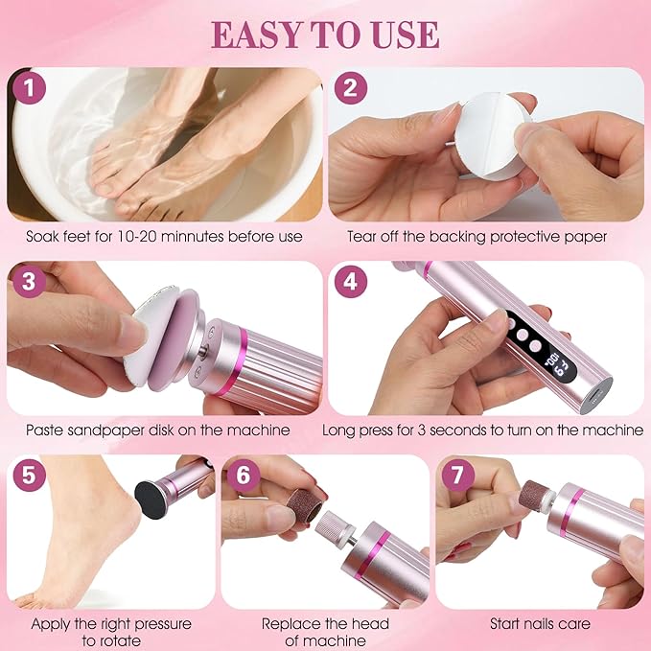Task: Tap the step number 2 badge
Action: pyautogui.click(x=351, y=89)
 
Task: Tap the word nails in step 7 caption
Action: pyautogui.click(x=544, y=623)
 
